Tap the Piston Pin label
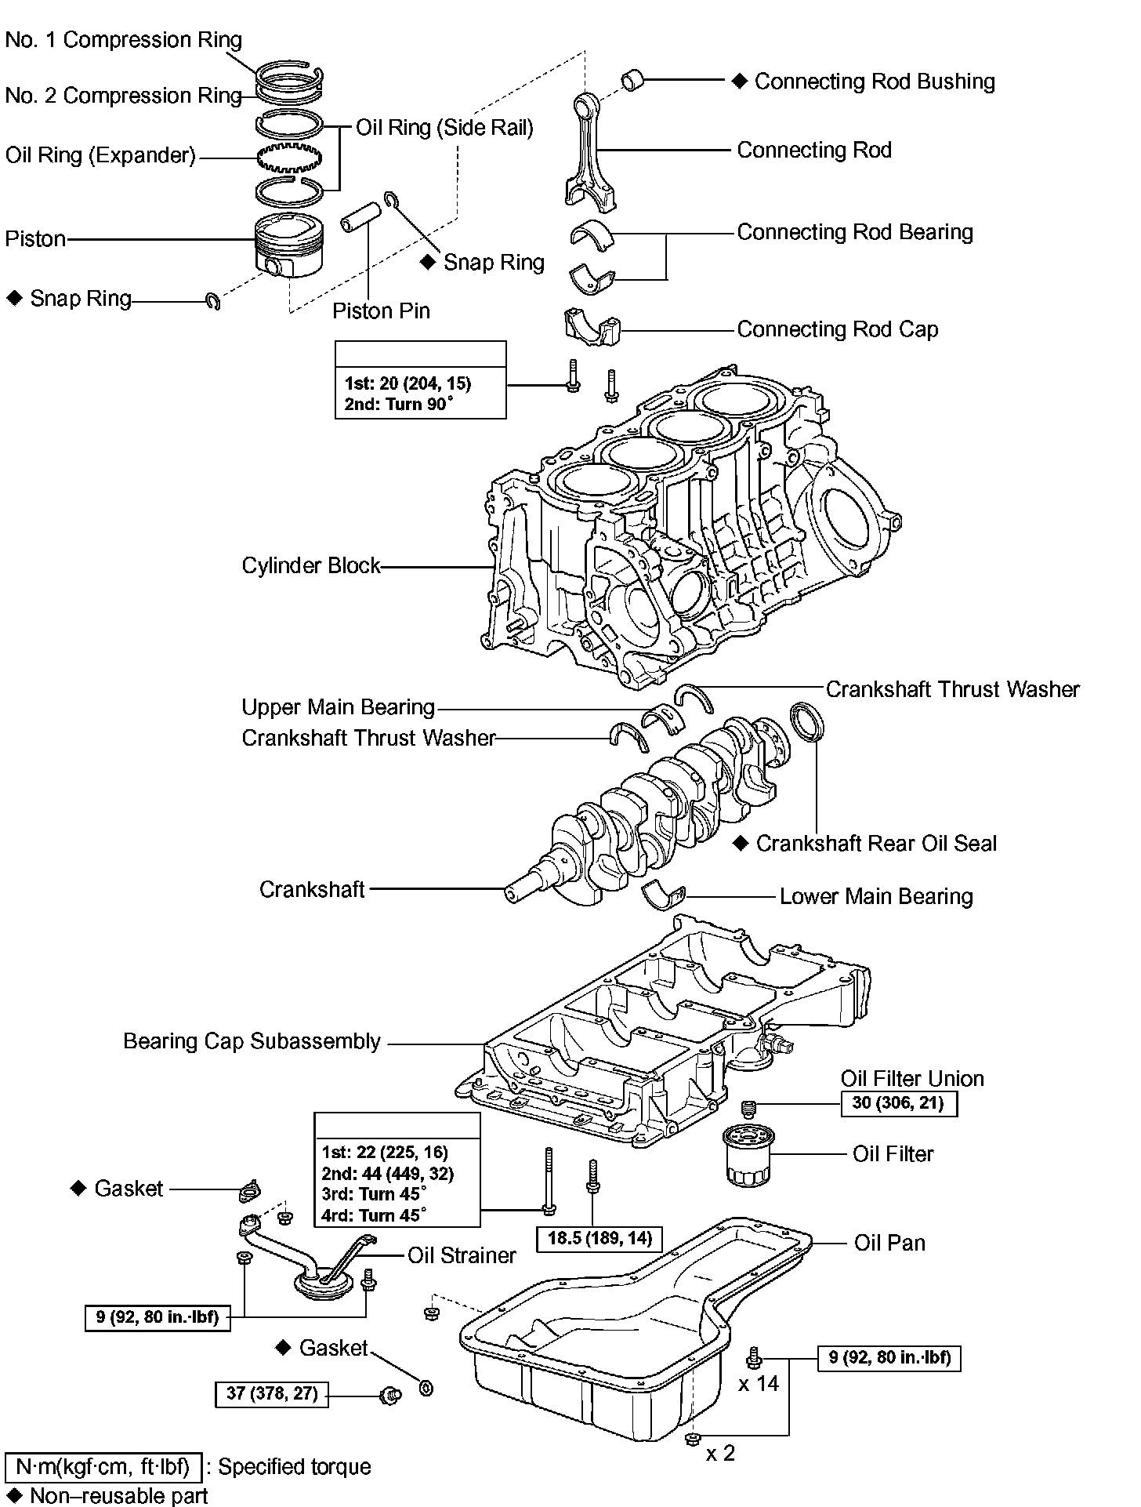point(381,311)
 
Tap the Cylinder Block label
point(310,565)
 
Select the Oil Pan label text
point(889,1243)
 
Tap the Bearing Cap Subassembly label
point(252,1041)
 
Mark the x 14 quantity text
point(759,1384)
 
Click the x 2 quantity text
point(720,1453)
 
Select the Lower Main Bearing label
point(876,896)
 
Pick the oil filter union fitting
point(748,1108)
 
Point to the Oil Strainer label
point(462,1255)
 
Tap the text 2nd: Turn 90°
point(398,405)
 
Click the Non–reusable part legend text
point(118,1495)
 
